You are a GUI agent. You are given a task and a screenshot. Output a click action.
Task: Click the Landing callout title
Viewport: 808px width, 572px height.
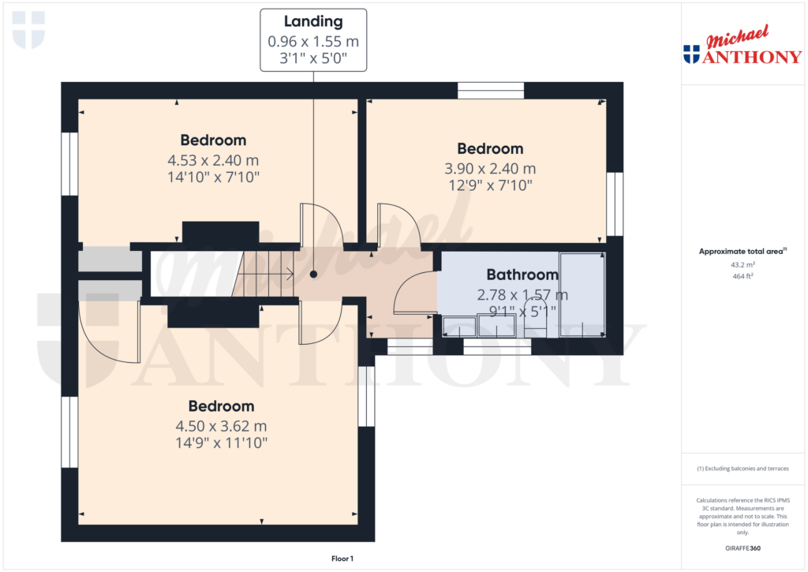pos(313,22)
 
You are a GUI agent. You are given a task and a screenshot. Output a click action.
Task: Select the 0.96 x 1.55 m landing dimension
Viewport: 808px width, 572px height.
pos(313,41)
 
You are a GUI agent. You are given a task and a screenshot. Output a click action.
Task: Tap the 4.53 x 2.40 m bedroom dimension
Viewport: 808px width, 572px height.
pos(213,160)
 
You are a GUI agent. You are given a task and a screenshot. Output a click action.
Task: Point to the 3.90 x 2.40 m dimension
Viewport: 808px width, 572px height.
pos(490,168)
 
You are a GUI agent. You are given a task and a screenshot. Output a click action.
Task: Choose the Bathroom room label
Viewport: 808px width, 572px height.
pos(522,275)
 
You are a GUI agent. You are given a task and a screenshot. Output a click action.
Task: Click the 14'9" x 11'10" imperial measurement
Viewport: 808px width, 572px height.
pos(221,443)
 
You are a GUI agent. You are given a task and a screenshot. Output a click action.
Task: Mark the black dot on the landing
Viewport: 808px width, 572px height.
pos(313,275)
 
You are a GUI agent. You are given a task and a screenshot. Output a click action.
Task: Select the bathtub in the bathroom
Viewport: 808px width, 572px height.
pos(582,295)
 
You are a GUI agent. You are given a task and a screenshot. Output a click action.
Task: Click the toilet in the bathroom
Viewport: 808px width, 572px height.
pos(535,325)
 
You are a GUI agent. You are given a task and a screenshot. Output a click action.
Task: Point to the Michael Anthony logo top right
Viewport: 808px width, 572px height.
pos(742,47)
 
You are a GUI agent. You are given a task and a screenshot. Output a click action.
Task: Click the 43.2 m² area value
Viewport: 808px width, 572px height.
pos(742,265)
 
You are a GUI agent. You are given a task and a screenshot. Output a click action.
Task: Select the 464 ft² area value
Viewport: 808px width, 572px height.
pos(742,276)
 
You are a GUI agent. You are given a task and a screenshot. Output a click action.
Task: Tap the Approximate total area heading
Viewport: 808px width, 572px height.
pos(742,252)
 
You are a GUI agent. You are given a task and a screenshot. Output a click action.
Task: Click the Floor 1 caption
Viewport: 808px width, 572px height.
pos(342,559)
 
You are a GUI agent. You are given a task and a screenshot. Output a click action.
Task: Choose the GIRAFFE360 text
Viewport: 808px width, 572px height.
pos(742,548)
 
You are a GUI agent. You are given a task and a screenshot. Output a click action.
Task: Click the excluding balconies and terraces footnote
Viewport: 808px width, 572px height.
pos(742,469)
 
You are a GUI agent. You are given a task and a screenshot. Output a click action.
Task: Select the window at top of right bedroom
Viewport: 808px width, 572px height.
pos(490,90)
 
